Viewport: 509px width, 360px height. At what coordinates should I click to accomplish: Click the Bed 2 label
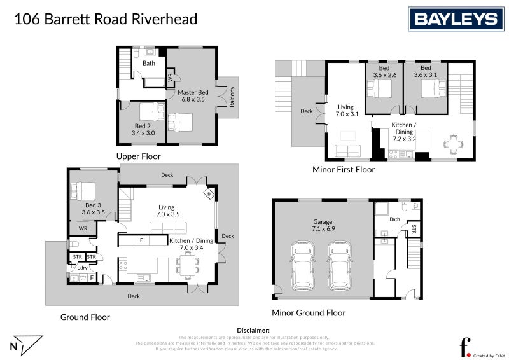(143, 130)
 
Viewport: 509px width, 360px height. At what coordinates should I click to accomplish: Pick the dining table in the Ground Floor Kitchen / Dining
(188, 265)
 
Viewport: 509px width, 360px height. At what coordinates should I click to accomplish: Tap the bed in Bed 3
(83, 190)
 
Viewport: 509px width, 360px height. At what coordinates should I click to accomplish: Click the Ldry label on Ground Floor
(82, 268)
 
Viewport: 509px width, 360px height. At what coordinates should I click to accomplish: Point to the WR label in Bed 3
(83, 228)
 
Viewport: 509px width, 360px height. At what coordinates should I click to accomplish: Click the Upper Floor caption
(138, 156)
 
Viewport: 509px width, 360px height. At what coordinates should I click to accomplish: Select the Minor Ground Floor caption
(309, 313)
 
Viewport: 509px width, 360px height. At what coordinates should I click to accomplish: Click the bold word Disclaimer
(253, 331)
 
